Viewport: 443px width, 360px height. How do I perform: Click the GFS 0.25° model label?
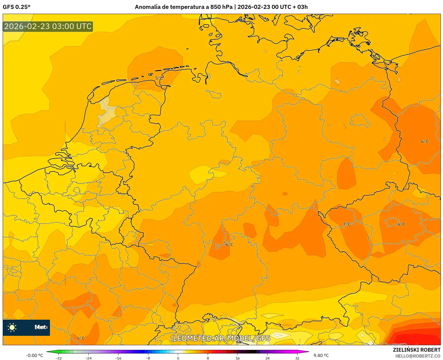pyautogui.click(x=16, y=7)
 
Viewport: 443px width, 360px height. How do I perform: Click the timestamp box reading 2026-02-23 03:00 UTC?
pyautogui.click(x=48, y=26)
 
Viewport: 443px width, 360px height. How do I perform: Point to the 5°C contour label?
pyautogui.click(x=159, y=78)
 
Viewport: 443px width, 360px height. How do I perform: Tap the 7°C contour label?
pyautogui.click(x=347, y=224)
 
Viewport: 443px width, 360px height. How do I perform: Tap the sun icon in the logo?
pyautogui.click(x=12, y=327)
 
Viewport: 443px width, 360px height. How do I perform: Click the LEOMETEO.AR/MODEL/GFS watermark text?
pyautogui.click(x=221, y=338)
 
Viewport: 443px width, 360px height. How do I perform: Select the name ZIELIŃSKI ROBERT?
pyautogui.click(x=416, y=350)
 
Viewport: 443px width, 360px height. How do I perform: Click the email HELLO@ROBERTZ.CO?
pyautogui.click(x=417, y=356)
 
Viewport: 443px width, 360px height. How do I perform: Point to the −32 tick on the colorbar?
pyautogui.click(x=59, y=358)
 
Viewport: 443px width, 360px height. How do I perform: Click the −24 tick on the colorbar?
pyautogui.click(x=88, y=358)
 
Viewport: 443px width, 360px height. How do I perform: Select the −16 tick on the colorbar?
pyautogui.click(x=118, y=358)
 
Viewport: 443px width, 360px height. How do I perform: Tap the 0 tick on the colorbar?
pyautogui.click(x=178, y=358)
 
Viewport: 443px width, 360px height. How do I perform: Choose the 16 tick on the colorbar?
pyautogui.click(x=237, y=358)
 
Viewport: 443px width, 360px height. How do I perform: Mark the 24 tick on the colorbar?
pyautogui.click(x=267, y=358)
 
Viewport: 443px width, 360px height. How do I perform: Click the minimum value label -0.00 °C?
pyautogui.click(x=34, y=355)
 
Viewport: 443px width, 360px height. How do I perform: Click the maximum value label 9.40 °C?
pyautogui.click(x=321, y=355)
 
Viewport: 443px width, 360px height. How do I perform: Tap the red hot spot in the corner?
pyautogui.click(x=419, y=336)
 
